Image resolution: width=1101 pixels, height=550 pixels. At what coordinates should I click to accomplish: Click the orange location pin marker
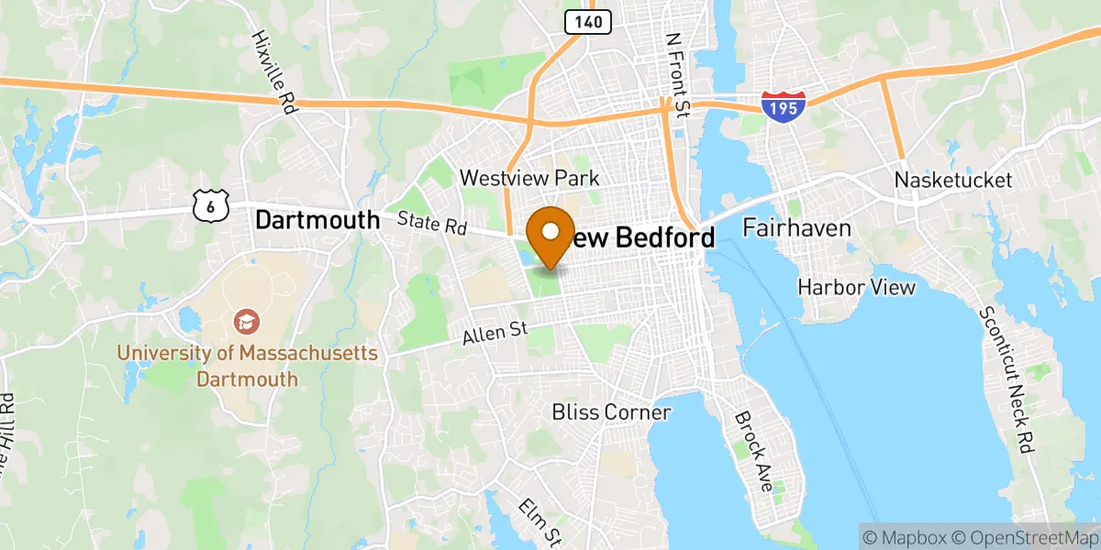pos(550,235)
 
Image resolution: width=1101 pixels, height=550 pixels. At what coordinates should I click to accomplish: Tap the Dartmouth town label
pos(317,220)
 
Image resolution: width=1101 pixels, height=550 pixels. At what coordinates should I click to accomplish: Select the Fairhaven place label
pos(796,227)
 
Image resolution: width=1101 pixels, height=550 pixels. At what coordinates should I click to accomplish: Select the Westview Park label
pos(529,178)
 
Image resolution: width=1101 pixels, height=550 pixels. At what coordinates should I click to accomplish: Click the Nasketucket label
pos(953,180)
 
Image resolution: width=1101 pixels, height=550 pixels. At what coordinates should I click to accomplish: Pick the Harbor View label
pos(856,288)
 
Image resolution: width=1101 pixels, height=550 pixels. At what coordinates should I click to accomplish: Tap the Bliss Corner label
pos(611,412)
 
